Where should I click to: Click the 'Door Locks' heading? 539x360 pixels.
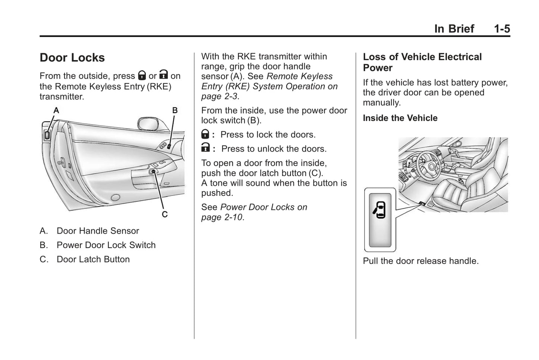[72, 58]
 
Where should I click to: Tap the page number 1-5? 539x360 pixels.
[502, 29]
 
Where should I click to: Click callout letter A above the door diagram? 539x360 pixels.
[56, 110]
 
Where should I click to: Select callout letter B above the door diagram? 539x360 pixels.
[175, 110]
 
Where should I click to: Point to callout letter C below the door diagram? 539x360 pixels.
[164, 215]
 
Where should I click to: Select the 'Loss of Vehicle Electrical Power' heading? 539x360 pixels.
[422, 62]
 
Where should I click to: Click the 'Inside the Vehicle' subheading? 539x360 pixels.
[400, 118]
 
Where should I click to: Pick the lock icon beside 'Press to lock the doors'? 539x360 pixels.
[205, 134]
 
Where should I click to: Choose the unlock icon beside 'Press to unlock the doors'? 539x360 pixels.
[205, 148]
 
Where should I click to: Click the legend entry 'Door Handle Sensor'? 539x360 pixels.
[98, 231]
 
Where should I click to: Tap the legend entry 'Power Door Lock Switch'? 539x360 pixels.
[106, 245]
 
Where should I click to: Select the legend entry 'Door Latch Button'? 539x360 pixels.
[93, 259]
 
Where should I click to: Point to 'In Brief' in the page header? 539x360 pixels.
[454, 29]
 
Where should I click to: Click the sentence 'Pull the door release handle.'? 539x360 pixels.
[420, 261]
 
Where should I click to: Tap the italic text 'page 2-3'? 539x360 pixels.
[219, 96]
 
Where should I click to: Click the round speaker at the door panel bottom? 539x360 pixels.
[116, 197]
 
